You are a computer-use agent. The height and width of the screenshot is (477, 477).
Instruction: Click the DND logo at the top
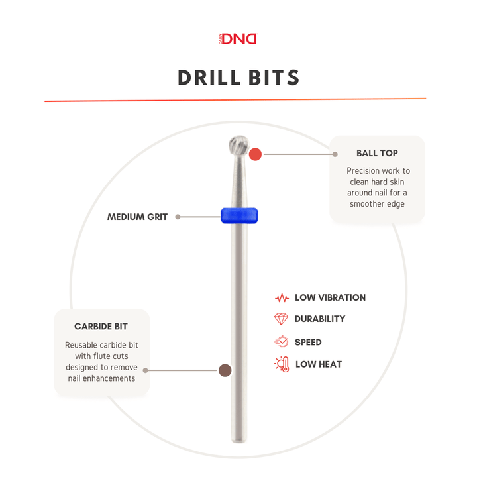coord(238,39)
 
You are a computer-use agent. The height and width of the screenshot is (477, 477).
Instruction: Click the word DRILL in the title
coord(208,78)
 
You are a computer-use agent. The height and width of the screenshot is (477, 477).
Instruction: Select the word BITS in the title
coord(274,78)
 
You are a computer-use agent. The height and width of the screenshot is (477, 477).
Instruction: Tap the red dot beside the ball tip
coord(256,154)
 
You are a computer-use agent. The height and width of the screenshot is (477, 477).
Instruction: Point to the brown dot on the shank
coord(225,370)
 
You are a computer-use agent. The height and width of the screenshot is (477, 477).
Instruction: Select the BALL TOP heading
coord(377,153)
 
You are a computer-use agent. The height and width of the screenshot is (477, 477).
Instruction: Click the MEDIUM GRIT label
coord(137,217)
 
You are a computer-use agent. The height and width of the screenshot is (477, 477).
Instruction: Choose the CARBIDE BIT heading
coord(101,326)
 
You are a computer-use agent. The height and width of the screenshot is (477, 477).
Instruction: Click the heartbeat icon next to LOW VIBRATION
coord(282,298)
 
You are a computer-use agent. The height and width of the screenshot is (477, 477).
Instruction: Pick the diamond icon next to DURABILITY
coord(282,319)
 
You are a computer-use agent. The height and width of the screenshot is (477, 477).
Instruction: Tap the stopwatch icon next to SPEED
coord(282,342)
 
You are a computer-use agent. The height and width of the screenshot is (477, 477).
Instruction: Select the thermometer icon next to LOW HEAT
coord(282,364)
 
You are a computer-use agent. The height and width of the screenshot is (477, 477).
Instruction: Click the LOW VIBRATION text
coord(330,298)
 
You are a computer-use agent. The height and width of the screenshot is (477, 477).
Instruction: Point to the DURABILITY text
coord(320,319)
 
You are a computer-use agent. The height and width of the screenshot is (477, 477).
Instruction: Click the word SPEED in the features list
coord(308,343)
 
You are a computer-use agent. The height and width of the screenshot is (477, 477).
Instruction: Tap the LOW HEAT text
coord(318,364)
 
